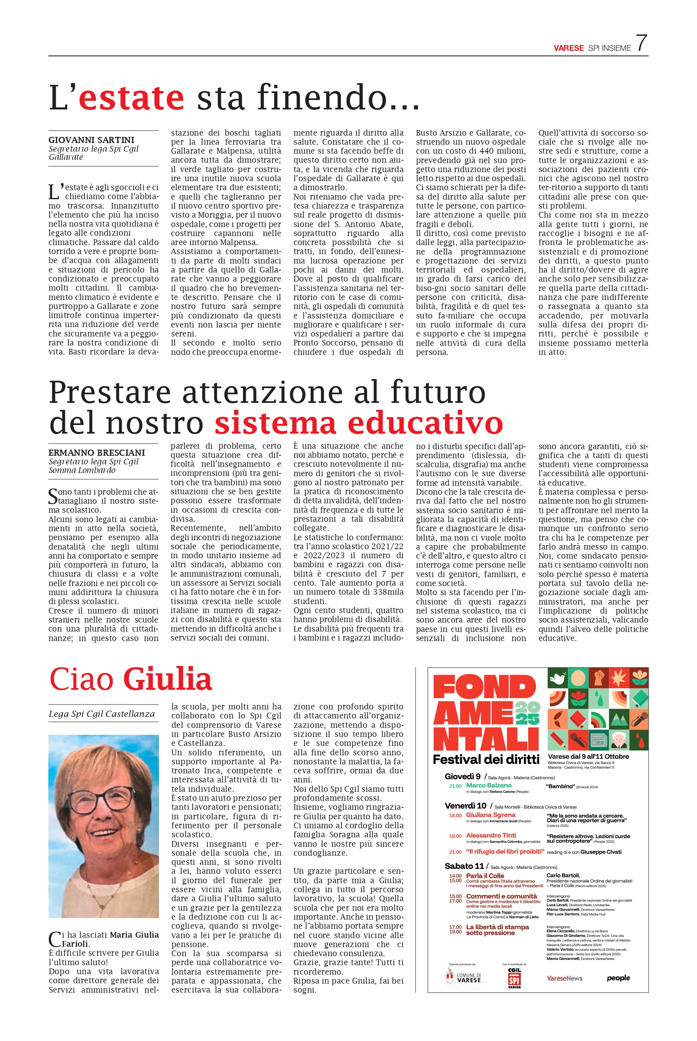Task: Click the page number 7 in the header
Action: [x=641, y=43]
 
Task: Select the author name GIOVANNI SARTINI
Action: [x=91, y=140]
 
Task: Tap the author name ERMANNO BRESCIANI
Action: [x=96, y=452]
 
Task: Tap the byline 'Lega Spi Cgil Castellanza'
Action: [x=101, y=714]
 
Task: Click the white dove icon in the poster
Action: [x=557, y=679]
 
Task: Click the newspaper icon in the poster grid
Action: [x=598, y=741]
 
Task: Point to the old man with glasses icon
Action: [x=619, y=741]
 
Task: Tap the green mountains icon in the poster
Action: [x=619, y=720]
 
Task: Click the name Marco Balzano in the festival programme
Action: [x=488, y=786]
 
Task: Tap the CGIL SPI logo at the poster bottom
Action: [x=514, y=980]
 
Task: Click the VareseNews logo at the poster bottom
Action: [x=565, y=978]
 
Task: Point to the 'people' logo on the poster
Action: [x=618, y=978]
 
